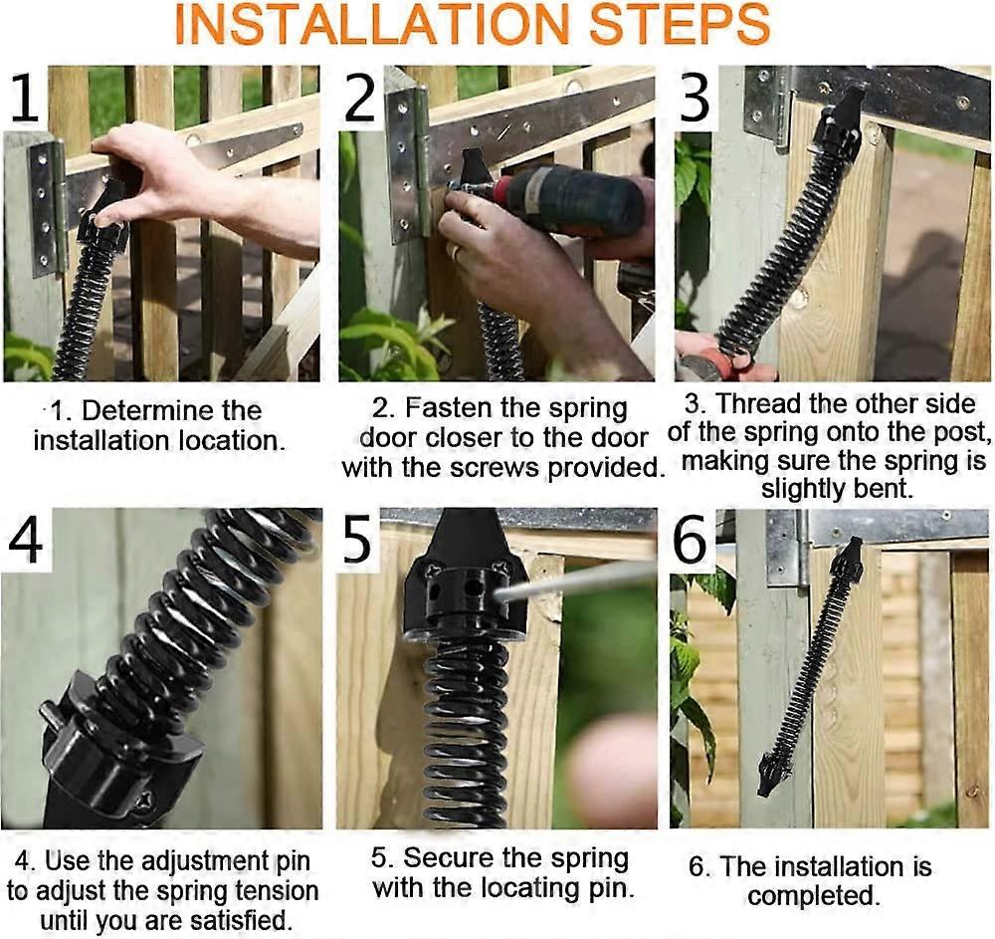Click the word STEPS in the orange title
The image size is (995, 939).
tap(676, 26)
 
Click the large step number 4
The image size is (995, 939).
tap(27, 544)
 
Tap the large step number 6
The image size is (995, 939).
tap(692, 544)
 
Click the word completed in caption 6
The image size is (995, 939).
tap(813, 894)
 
